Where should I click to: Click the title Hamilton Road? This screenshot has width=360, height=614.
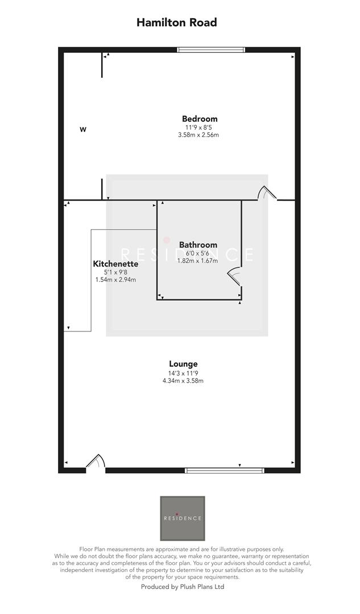[176, 23]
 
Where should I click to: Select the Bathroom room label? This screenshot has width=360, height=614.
[195, 245]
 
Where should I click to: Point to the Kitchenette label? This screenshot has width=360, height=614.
[115, 264]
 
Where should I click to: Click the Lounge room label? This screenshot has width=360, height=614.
[183, 364]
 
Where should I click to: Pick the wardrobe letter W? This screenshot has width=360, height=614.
[82, 130]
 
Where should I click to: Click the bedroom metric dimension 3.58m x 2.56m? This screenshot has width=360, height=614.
[198, 135]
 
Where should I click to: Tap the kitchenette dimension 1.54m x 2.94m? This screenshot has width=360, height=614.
[115, 280]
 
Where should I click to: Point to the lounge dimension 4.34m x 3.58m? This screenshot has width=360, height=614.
[183, 380]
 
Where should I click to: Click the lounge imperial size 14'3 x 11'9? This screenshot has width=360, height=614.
[183, 373]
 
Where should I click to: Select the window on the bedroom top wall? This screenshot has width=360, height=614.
[211, 50]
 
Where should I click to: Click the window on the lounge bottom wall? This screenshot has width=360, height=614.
[225, 470]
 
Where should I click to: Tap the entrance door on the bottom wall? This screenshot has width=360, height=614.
[96, 463]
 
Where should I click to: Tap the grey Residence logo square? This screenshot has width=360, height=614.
[182, 518]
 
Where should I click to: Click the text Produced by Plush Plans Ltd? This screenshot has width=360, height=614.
[183, 586]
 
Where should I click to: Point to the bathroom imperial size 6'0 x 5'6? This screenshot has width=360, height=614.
[195, 253]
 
